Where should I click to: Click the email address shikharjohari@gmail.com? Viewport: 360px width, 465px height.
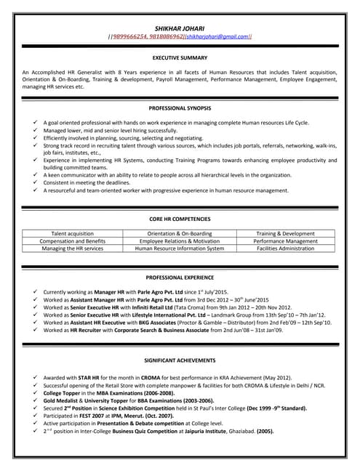217,36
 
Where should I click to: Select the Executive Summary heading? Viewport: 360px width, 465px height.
180,57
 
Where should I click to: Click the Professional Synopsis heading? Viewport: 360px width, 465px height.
180,108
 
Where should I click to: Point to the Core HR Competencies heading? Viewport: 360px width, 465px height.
180,219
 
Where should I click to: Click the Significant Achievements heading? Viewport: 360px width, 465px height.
180,360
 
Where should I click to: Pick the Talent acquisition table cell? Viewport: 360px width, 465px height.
73,233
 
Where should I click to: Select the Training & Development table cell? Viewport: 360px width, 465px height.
286,233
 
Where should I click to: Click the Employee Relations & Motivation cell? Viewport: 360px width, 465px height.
180,240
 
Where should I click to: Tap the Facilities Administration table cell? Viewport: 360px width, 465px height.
286,248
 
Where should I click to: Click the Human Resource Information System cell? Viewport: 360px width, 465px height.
180,248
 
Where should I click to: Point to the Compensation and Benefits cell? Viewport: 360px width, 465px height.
73,240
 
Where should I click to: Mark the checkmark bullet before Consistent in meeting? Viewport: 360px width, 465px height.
35,183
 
